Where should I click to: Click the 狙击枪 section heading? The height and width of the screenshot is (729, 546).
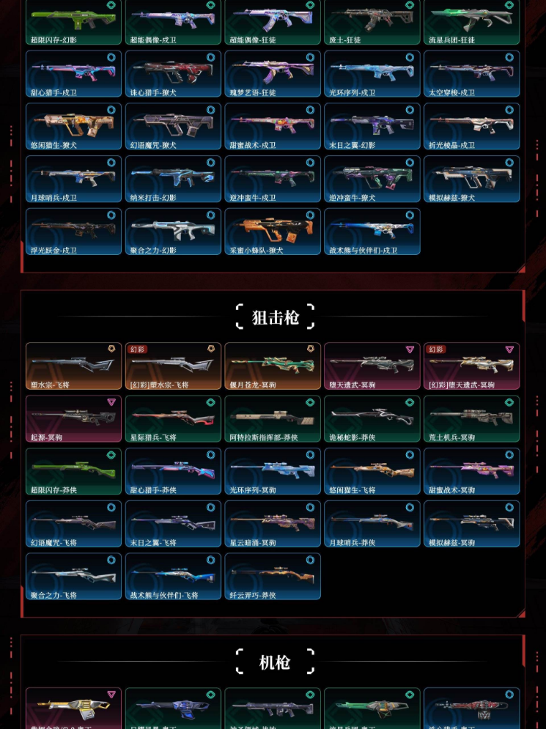click(275, 317)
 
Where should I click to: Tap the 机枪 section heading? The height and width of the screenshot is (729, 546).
click(275, 662)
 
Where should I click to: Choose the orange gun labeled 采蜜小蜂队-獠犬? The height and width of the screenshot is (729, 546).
click(272, 230)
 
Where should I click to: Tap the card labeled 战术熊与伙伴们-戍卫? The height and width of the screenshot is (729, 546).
click(372, 230)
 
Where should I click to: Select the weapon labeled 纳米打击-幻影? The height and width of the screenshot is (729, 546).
click(173, 177)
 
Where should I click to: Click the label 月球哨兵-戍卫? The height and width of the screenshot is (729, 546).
click(54, 198)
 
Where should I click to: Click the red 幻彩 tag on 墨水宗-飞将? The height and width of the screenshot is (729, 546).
click(138, 349)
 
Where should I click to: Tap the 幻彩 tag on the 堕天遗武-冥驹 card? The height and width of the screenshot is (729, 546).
click(436, 349)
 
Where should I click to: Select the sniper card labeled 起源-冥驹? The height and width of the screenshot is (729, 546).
click(73, 418)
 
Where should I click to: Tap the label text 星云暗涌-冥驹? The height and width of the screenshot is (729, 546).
click(253, 543)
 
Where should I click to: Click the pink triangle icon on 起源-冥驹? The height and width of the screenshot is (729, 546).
click(111, 402)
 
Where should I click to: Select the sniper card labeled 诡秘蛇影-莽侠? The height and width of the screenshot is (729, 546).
click(372, 418)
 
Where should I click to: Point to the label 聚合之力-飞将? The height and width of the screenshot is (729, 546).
click(54, 596)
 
